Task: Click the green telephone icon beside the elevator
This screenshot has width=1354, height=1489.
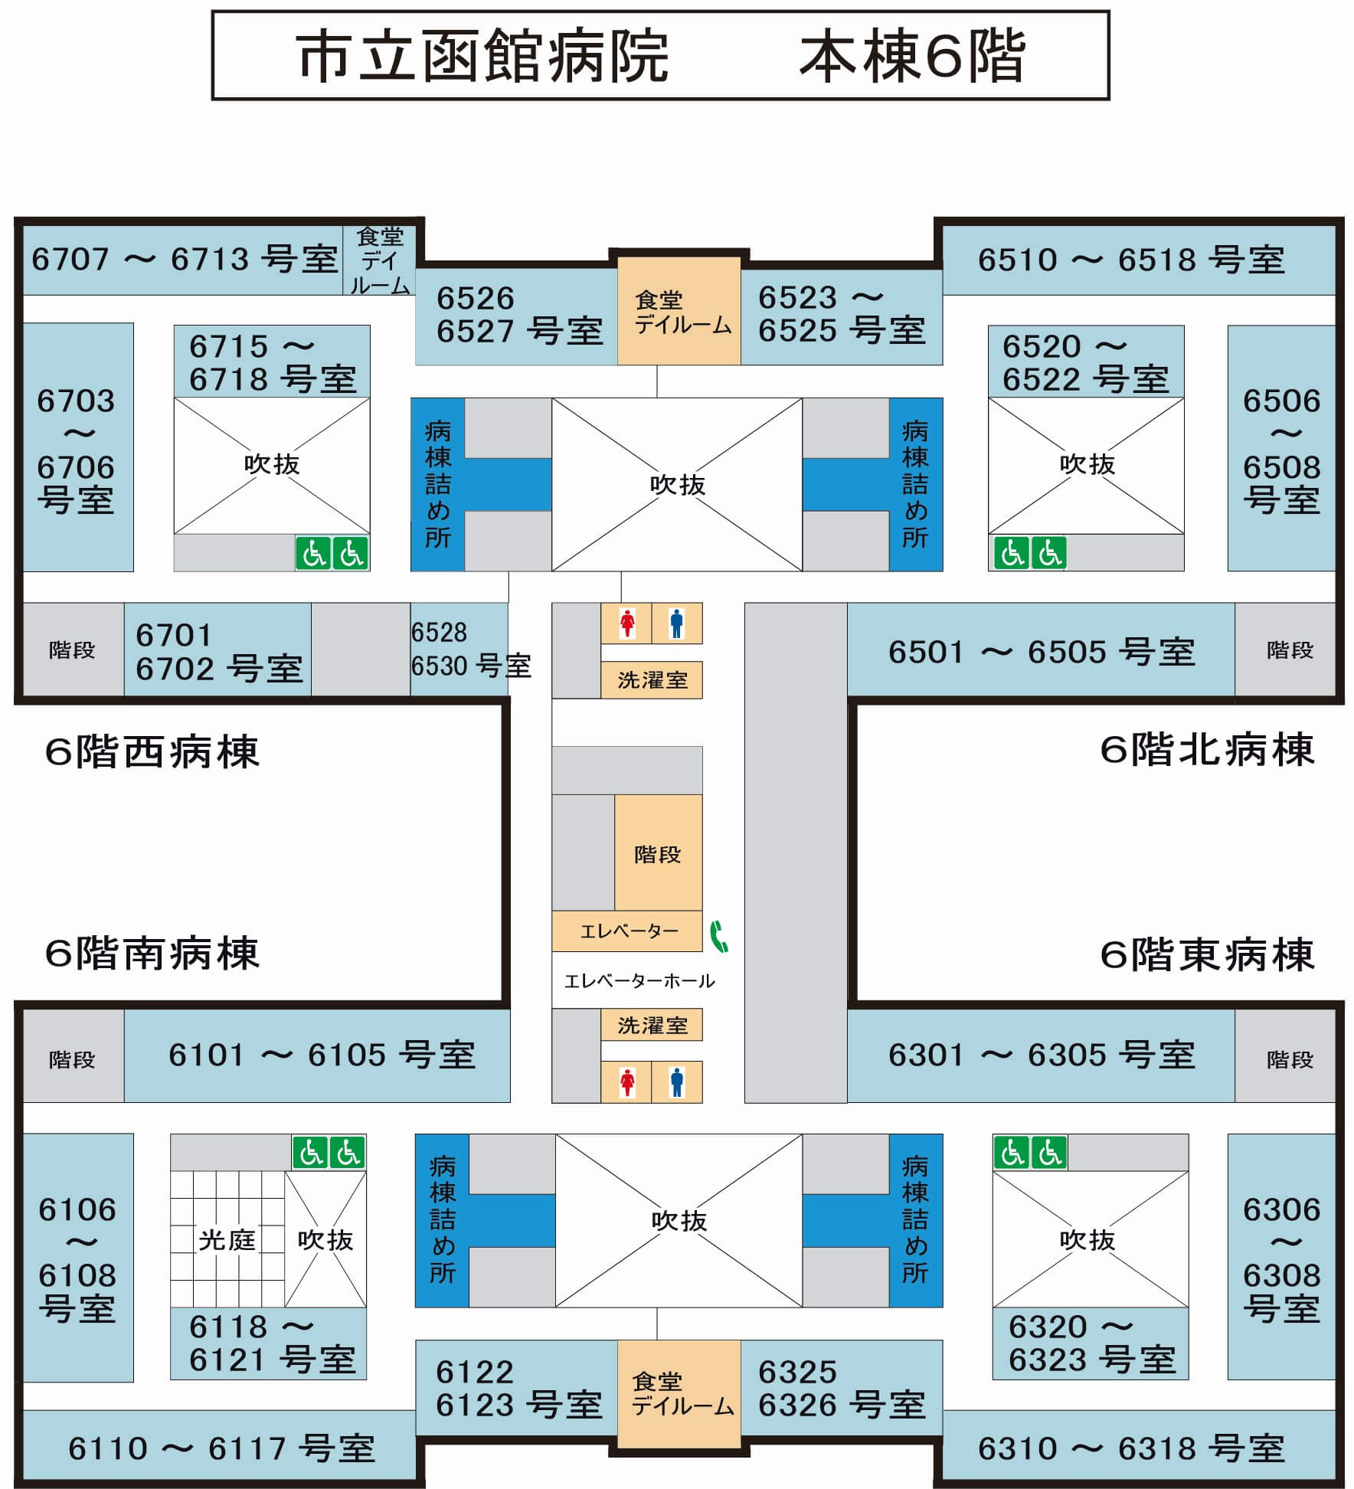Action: tap(719, 936)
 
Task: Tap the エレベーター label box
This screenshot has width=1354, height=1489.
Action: tap(627, 931)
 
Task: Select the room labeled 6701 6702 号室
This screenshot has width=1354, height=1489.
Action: tap(217, 650)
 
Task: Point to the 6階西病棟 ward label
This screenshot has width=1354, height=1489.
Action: tap(152, 751)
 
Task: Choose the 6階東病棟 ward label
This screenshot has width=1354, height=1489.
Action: tap(1207, 955)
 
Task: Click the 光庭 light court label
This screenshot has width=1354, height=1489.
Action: tap(227, 1239)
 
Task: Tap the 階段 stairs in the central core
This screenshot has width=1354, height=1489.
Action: tap(658, 852)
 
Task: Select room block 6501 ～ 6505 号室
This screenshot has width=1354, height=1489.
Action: tap(1042, 650)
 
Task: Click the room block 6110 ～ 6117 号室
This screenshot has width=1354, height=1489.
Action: tap(221, 1448)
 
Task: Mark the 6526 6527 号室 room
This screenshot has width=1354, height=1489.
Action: tap(517, 316)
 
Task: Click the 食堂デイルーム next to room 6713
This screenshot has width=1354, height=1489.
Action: tap(379, 260)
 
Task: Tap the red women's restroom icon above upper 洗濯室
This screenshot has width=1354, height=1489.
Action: tap(627, 623)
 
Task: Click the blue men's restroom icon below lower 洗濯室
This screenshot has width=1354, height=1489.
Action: tap(676, 1082)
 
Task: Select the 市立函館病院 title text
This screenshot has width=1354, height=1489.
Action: tap(483, 56)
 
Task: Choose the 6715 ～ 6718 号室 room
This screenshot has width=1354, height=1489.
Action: tap(272, 362)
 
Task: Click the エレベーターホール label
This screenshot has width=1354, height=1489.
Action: tap(639, 980)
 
